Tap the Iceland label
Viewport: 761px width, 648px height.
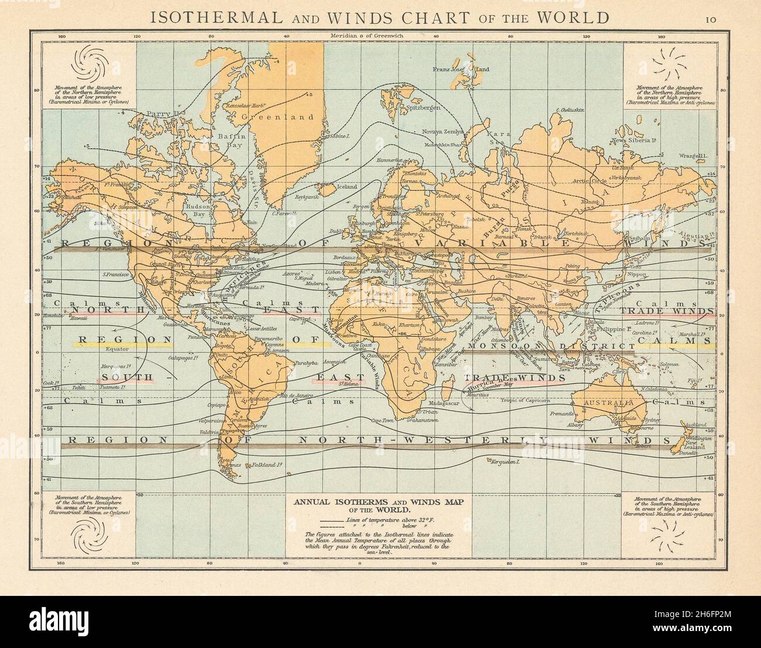330,187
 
